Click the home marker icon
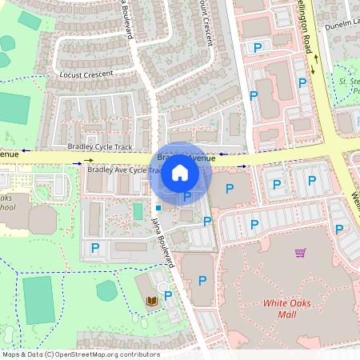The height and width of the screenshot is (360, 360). pos(180,172)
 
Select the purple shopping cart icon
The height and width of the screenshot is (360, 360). pos(301,253)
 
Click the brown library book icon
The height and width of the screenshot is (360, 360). pos(152,300)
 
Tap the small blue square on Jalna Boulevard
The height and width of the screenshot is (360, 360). pos(158,208)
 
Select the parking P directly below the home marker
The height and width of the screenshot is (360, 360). pos(187,196)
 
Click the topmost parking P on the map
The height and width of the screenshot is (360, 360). pos(258,48)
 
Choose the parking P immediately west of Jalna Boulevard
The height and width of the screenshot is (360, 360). pos(95,248)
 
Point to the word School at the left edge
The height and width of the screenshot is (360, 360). pos(6,207)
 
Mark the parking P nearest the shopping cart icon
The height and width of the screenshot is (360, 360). pos(339,230)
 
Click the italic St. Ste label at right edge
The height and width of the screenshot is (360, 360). pos(349,82)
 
